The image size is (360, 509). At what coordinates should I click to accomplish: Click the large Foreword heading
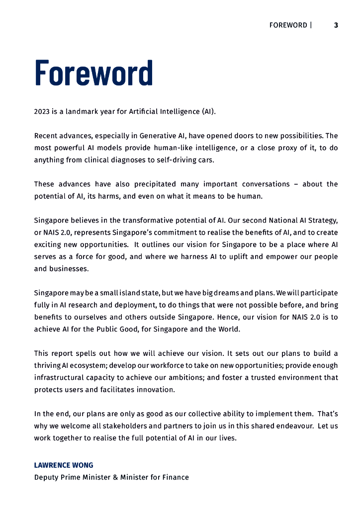(93, 74)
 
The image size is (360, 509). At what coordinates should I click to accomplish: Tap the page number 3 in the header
(336, 25)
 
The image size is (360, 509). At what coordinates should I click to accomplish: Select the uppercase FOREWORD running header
(288, 25)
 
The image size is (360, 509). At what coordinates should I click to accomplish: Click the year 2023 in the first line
(42, 111)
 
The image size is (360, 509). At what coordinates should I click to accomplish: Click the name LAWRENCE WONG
(64, 465)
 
